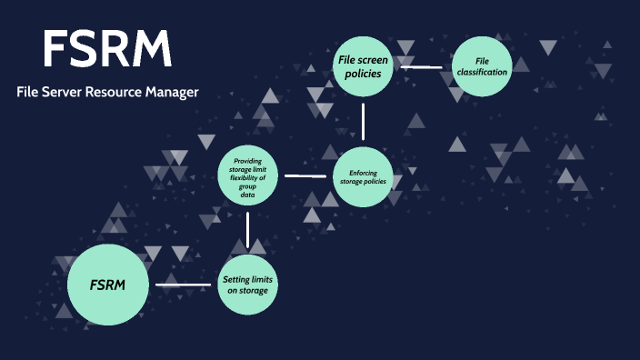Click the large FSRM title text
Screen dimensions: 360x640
point(107,50)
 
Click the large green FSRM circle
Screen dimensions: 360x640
point(107,285)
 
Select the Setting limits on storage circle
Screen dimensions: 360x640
point(248,285)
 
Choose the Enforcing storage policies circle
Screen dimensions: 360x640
point(363,175)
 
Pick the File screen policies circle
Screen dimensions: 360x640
point(363,66)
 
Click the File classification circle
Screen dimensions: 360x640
point(483,66)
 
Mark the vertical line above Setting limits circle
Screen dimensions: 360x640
point(248,230)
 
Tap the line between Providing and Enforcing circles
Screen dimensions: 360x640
point(305,175)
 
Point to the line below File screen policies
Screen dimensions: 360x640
point(363,121)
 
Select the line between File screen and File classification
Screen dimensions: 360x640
point(422,66)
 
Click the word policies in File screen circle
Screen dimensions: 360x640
point(363,74)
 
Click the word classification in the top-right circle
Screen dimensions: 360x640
point(483,71)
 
